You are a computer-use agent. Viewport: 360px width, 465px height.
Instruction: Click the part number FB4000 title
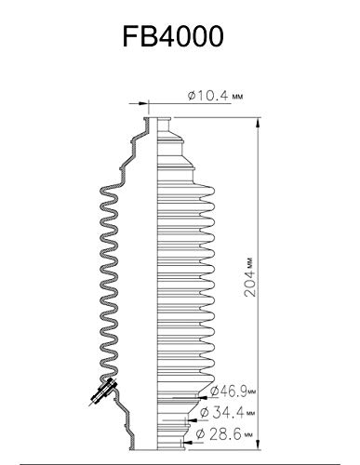point(180,36)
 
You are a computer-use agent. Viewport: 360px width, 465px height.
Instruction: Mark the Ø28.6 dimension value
point(227,433)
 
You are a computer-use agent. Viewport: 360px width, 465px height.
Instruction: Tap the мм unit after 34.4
point(251,413)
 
